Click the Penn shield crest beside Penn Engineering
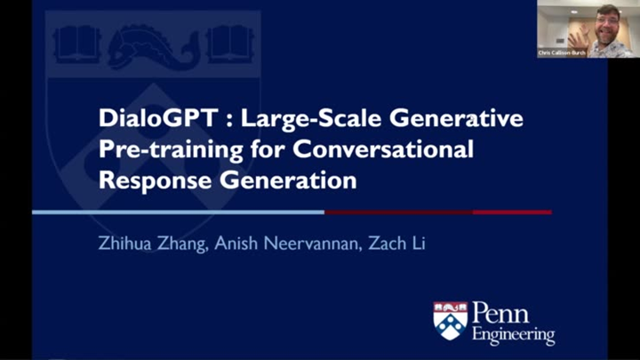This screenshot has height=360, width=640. [x=450, y=320]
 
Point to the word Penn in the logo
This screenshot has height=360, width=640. [x=500, y=313]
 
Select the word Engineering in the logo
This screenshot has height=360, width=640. [x=514, y=336]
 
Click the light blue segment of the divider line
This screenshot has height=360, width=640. [x=178, y=212]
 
